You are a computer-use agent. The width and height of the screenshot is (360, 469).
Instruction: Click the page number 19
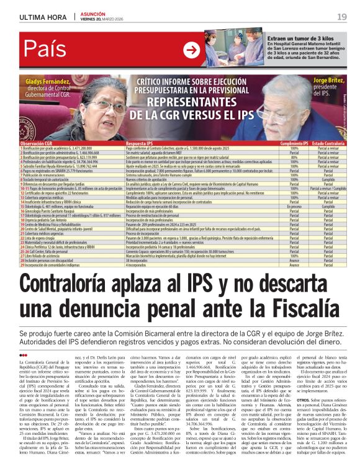pyautogui.click(x=342, y=17)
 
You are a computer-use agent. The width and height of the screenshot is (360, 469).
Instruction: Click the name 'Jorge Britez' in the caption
pyautogui.click(x=329, y=81)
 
